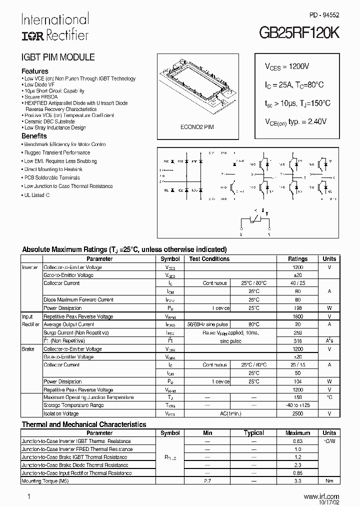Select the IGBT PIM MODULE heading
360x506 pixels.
coord(57,57)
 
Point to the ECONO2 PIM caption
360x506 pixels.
coord(197,127)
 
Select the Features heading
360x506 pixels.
coord(35,71)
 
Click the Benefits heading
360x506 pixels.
coord(34,136)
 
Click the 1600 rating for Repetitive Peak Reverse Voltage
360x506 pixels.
coord(297,316)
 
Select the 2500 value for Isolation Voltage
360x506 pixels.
coord(297,413)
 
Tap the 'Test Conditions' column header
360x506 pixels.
coord(209,259)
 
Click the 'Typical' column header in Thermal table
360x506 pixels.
coord(253,433)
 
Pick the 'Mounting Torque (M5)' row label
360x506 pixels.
coord(45,481)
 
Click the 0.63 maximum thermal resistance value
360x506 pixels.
coord(297,441)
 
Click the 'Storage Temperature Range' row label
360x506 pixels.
coord(73,405)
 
